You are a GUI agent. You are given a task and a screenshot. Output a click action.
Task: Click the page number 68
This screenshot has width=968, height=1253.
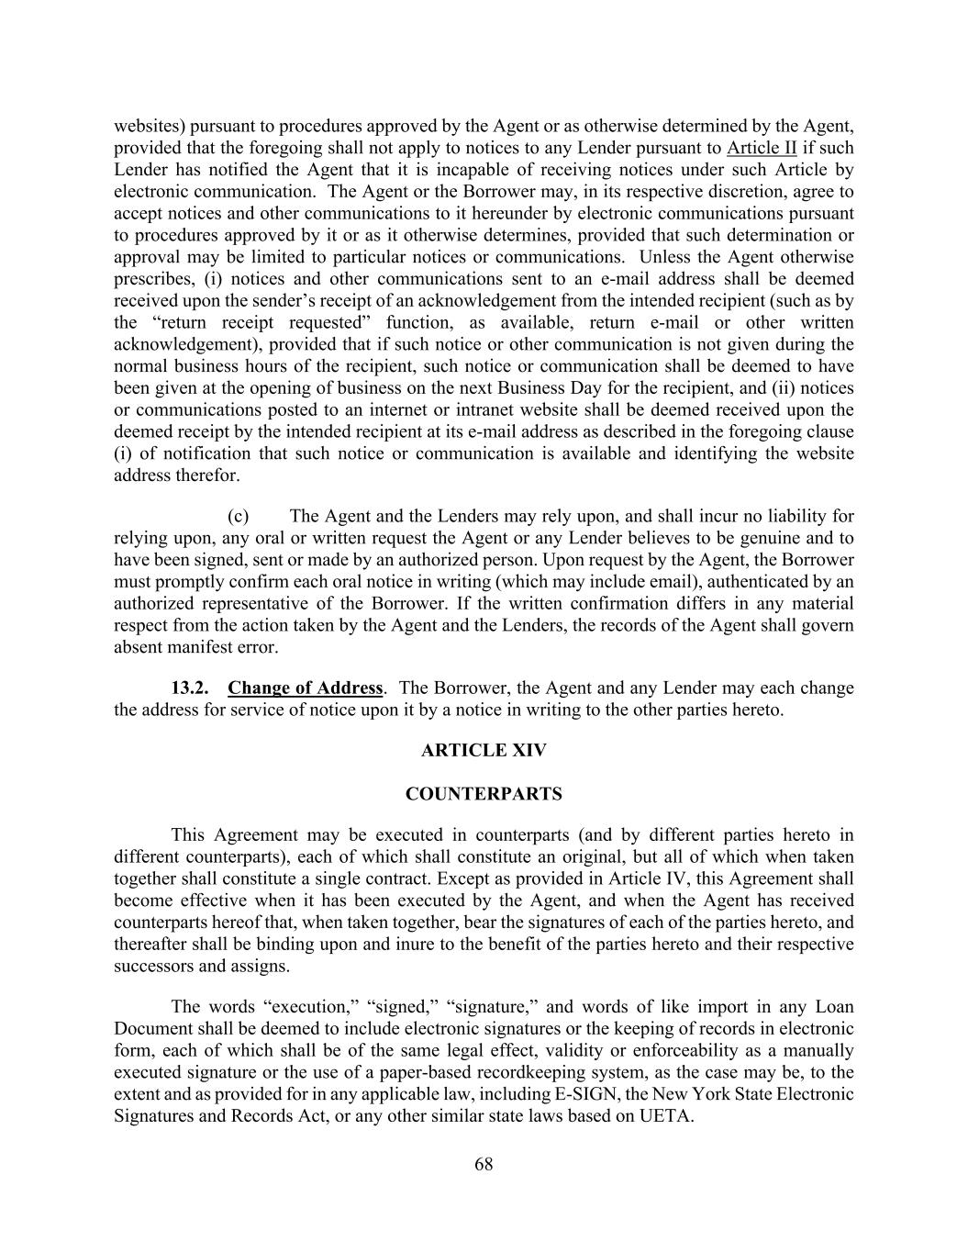pyautogui.click(x=484, y=1165)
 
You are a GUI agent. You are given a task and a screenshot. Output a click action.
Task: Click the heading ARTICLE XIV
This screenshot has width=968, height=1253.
pyautogui.click(x=484, y=751)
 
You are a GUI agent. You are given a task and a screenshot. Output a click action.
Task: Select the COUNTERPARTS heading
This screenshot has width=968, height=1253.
pyautogui.click(x=484, y=795)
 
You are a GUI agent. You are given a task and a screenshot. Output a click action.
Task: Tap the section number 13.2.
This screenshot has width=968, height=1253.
pyautogui.click(x=190, y=688)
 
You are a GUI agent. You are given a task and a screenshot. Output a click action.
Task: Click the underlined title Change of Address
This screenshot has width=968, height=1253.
pyautogui.click(x=306, y=688)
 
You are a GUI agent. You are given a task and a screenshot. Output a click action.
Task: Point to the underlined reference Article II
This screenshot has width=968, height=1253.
pyautogui.click(x=762, y=148)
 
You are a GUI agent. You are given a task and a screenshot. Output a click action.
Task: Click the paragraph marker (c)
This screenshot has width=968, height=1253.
pyautogui.click(x=239, y=516)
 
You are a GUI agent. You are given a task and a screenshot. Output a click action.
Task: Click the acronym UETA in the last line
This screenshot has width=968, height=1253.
pyautogui.click(x=665, y=1117)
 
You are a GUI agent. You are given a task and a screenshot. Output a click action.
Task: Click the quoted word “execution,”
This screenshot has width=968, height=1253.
pyautogui.click(x=303, y=1007)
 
